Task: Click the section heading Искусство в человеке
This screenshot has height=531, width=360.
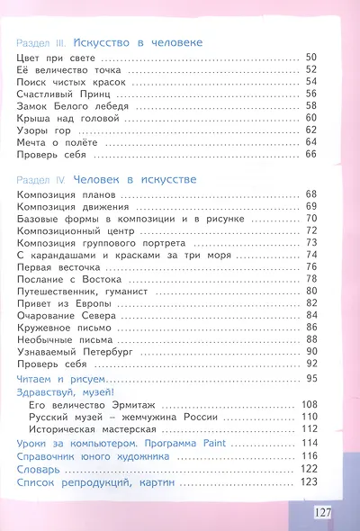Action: pyautogui.click(x=138, y=42)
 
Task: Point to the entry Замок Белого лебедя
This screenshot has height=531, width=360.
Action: pyautogui.click(x=65, y=105)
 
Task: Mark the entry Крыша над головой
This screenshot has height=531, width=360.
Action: pyautogui.click(x=60, y=117)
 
